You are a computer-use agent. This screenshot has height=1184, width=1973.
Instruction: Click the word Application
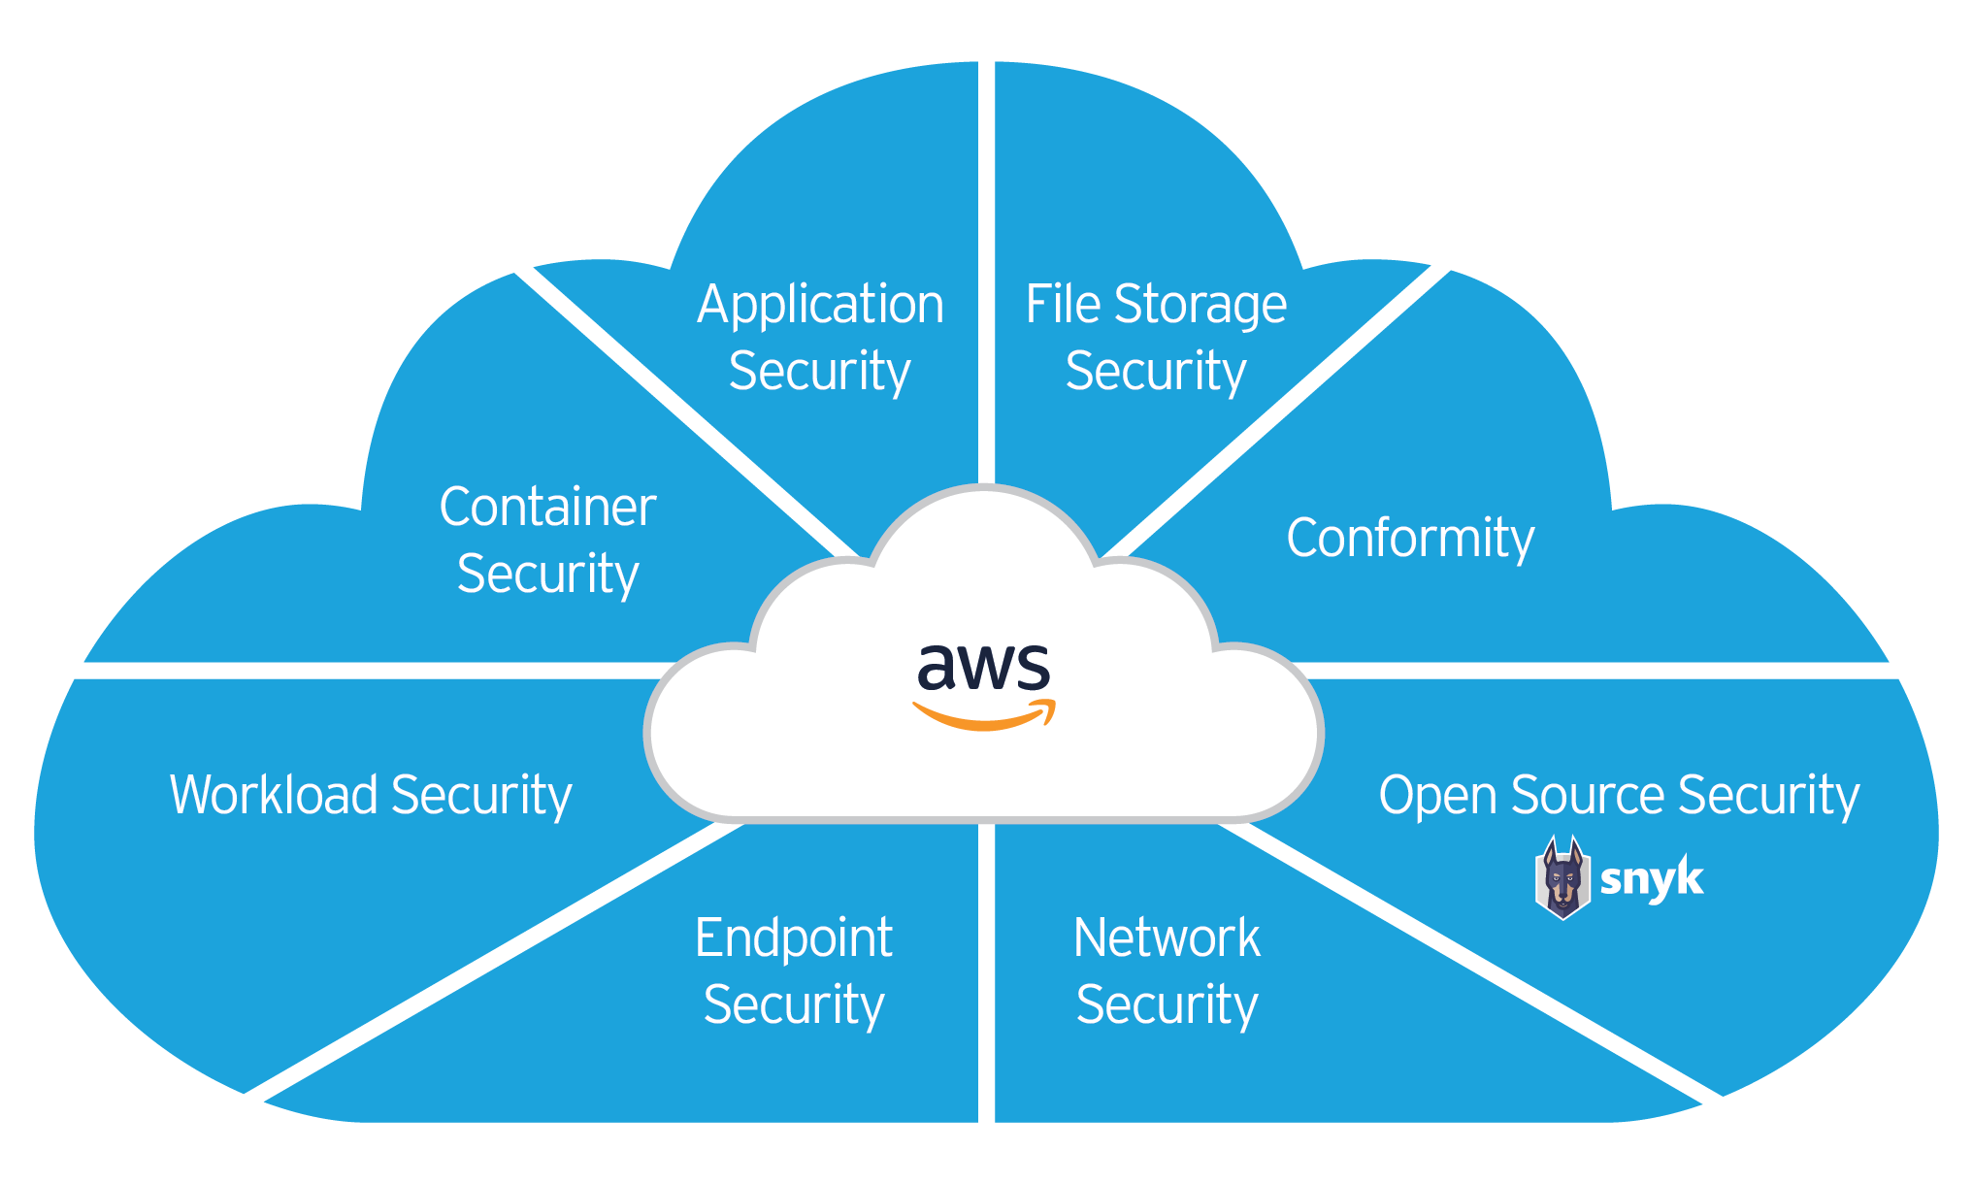tap(820, 306)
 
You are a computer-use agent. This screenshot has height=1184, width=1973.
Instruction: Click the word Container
tap(547, 507)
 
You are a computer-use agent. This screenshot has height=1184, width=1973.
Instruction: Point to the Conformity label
tap(1410, 539)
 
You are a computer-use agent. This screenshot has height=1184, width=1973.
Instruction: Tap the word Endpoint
tap(793, 938)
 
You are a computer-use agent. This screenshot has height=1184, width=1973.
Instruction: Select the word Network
tap(1167, 938)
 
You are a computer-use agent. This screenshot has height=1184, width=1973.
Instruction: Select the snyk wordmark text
tap(1651, 879)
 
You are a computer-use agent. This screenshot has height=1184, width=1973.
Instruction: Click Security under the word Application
tap(819, 372)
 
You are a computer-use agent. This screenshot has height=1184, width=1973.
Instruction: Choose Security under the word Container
tap(547, 574)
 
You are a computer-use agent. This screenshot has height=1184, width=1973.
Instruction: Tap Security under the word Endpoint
tap(793, 1004)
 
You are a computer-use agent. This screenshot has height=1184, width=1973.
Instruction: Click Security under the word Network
tap(1167, 1004)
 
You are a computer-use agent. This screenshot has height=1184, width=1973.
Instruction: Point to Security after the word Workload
tap(481, 797)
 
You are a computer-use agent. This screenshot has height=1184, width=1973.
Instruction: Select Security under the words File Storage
tap(1155, 372)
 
